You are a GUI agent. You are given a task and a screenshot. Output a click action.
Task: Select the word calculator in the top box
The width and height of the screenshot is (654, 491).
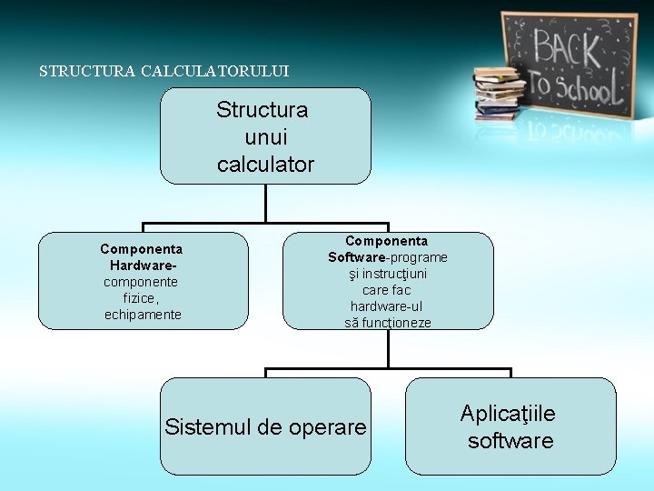tap(265, 165)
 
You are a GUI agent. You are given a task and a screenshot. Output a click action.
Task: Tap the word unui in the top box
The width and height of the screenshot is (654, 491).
tap(265, 137)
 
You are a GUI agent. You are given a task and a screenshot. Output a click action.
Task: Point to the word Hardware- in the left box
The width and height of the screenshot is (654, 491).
tap(143, 266)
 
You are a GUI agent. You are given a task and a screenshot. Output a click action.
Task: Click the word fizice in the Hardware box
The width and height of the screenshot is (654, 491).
tap(141, 298)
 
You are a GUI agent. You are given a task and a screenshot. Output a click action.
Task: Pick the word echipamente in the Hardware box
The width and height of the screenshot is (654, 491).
tap(143, 315)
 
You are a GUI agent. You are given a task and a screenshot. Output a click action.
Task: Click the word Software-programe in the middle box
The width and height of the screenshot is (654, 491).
tap(388, 257)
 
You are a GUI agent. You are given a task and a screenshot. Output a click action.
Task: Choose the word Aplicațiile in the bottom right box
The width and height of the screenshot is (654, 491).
tap(508, 414)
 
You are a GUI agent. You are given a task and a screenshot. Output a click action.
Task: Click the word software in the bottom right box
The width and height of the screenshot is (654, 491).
tap(510, 441)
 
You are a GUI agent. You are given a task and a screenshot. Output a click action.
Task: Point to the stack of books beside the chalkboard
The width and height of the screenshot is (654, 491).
tap(499, 93)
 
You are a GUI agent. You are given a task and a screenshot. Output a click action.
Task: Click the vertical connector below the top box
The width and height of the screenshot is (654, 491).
tap(265, 204)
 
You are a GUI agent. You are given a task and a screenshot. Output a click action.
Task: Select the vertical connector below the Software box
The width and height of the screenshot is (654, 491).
tap(388, 349)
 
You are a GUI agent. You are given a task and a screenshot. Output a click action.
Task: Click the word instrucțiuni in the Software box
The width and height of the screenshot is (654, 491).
tap(388, 274)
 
